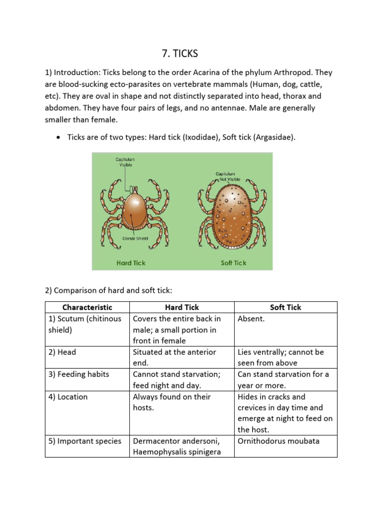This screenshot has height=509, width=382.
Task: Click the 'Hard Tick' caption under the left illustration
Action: [x=131, y=263]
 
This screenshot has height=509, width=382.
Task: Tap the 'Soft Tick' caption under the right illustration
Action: [x=233, y=263]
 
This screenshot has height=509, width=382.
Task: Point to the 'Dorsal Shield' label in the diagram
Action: [x=135, y=239]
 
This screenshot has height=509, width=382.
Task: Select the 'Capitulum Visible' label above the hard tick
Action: [x=125, y=162]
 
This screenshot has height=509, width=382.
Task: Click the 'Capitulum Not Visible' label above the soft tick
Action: [x=228, y=176]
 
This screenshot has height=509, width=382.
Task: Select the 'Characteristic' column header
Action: [x=87, y=307]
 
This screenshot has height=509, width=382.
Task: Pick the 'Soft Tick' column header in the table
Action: [x=286, y=307]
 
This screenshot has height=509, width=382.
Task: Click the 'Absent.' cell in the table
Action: [x=251, y=319]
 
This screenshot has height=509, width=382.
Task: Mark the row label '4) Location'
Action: [x=68, y=397]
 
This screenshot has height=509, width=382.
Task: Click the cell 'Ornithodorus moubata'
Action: [x=279, y=441]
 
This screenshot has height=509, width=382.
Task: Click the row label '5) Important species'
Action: [x=85, y=441]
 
